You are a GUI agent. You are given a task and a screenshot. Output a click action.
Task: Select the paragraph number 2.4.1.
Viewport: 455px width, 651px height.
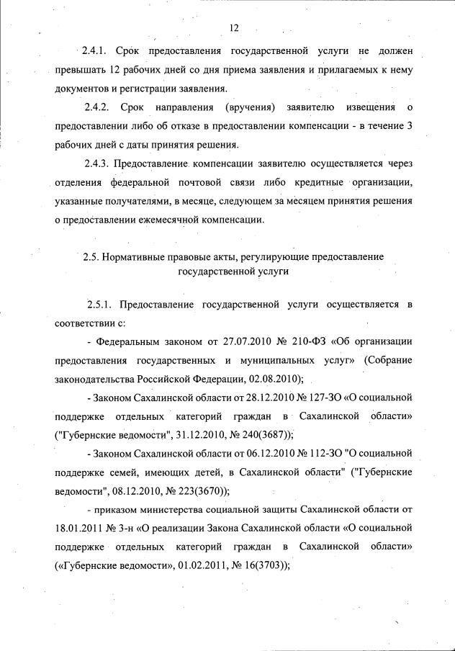[x=94, y=52]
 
